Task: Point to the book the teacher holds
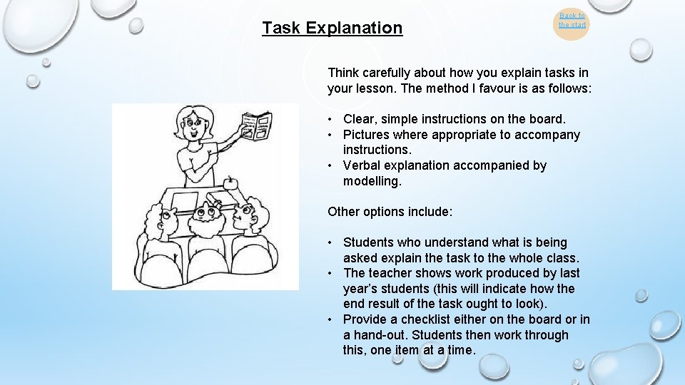tap(256, 127)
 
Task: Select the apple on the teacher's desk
tap(230, 183)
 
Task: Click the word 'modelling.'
tap(372, 181)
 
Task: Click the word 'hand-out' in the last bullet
tap(384, 335)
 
